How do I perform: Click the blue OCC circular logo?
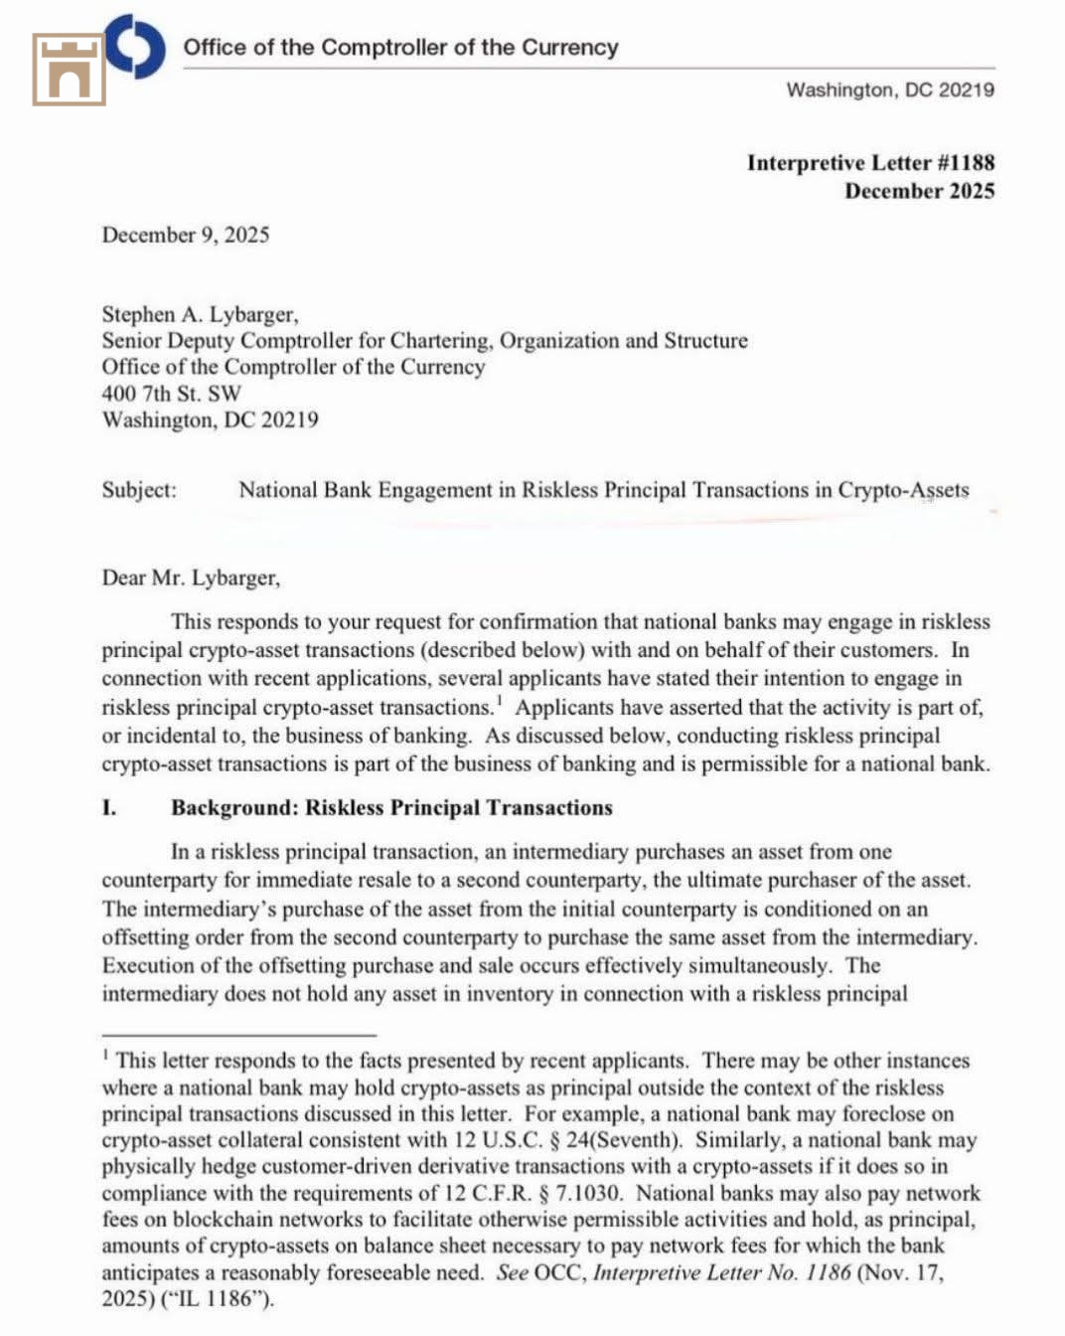[x=136, y=46]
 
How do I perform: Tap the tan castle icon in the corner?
[x=69, y=69]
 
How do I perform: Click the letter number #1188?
[x=965, y=163]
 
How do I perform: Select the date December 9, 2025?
[x=186, y=235]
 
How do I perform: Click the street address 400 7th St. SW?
[x=171, y=393]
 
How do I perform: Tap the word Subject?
[x=139, y=490]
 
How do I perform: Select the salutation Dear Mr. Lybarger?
[x=191, y=578]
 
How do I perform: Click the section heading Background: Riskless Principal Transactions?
[x=391, y=807]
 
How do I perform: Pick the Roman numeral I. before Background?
[x=109, y=807]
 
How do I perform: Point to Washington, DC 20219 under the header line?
[x=890, y=90]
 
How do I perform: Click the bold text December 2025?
[x=919, y=191]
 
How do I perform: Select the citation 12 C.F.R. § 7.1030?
[x=532, y=1193]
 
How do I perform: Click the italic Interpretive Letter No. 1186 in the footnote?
[x=722, y=1272]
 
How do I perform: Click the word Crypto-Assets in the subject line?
[x=903, y=490]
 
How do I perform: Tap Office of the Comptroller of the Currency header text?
[x=400, y=48]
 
